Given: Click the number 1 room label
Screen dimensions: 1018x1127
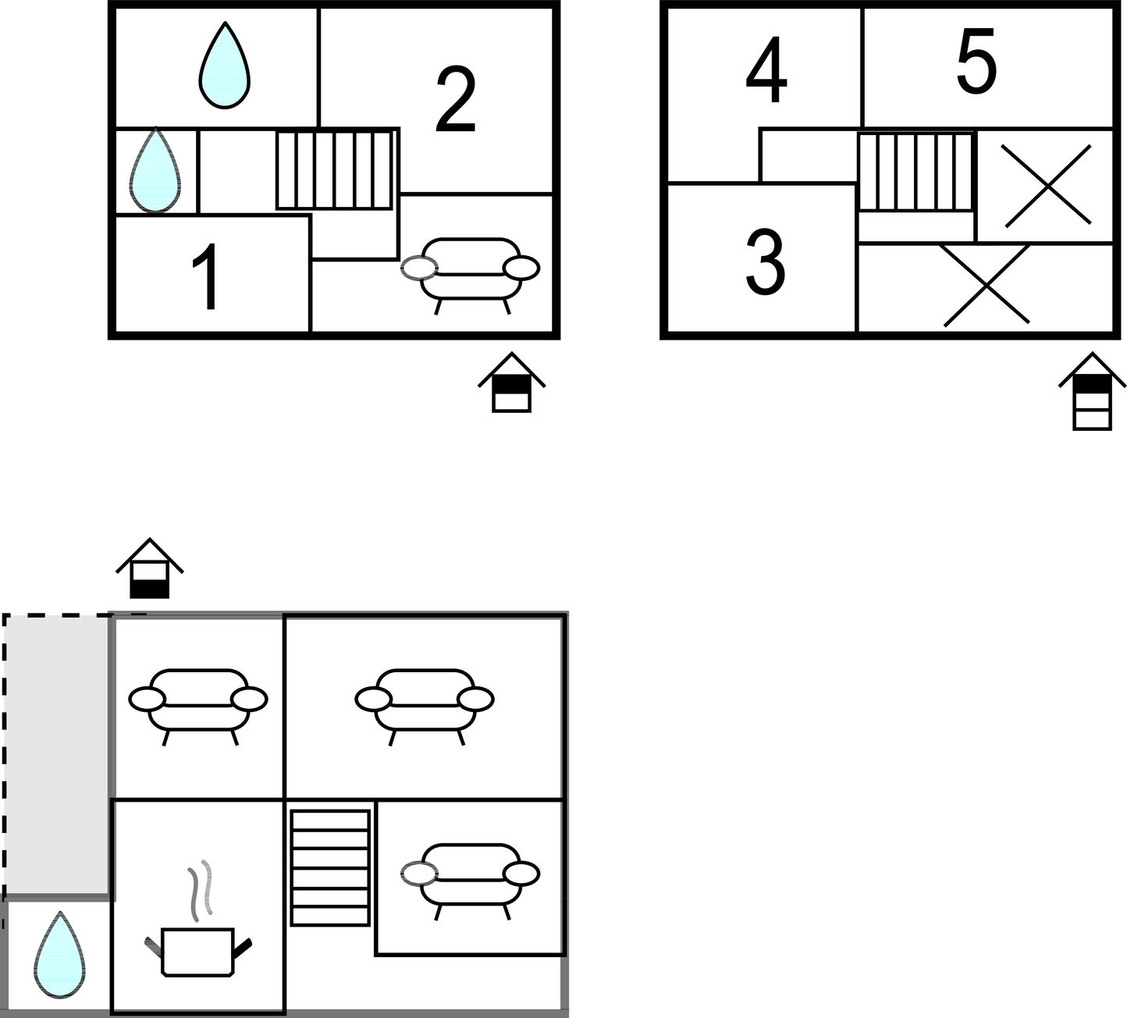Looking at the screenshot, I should [x=205, y=277].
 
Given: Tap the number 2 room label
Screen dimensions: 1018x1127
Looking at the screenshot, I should [x=456, y=100].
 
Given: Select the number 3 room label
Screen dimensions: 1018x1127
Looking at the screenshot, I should [x=765, y=264].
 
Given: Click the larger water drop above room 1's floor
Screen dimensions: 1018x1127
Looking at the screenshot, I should [x=225, y=66].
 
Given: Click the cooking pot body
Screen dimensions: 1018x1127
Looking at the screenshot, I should [x=198, y=952].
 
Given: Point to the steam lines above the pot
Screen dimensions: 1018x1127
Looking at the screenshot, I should [x=200, y=889].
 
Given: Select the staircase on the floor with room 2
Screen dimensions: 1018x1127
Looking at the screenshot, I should [x=334, y=170].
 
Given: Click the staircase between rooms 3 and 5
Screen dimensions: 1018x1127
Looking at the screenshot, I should [x=916, y=172].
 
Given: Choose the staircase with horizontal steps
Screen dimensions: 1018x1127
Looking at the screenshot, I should [x=330, y=867].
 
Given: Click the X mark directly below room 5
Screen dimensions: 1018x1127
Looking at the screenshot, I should [x=1047, y=186].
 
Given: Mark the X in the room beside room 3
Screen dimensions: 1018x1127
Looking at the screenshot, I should [x=986, y=286].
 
